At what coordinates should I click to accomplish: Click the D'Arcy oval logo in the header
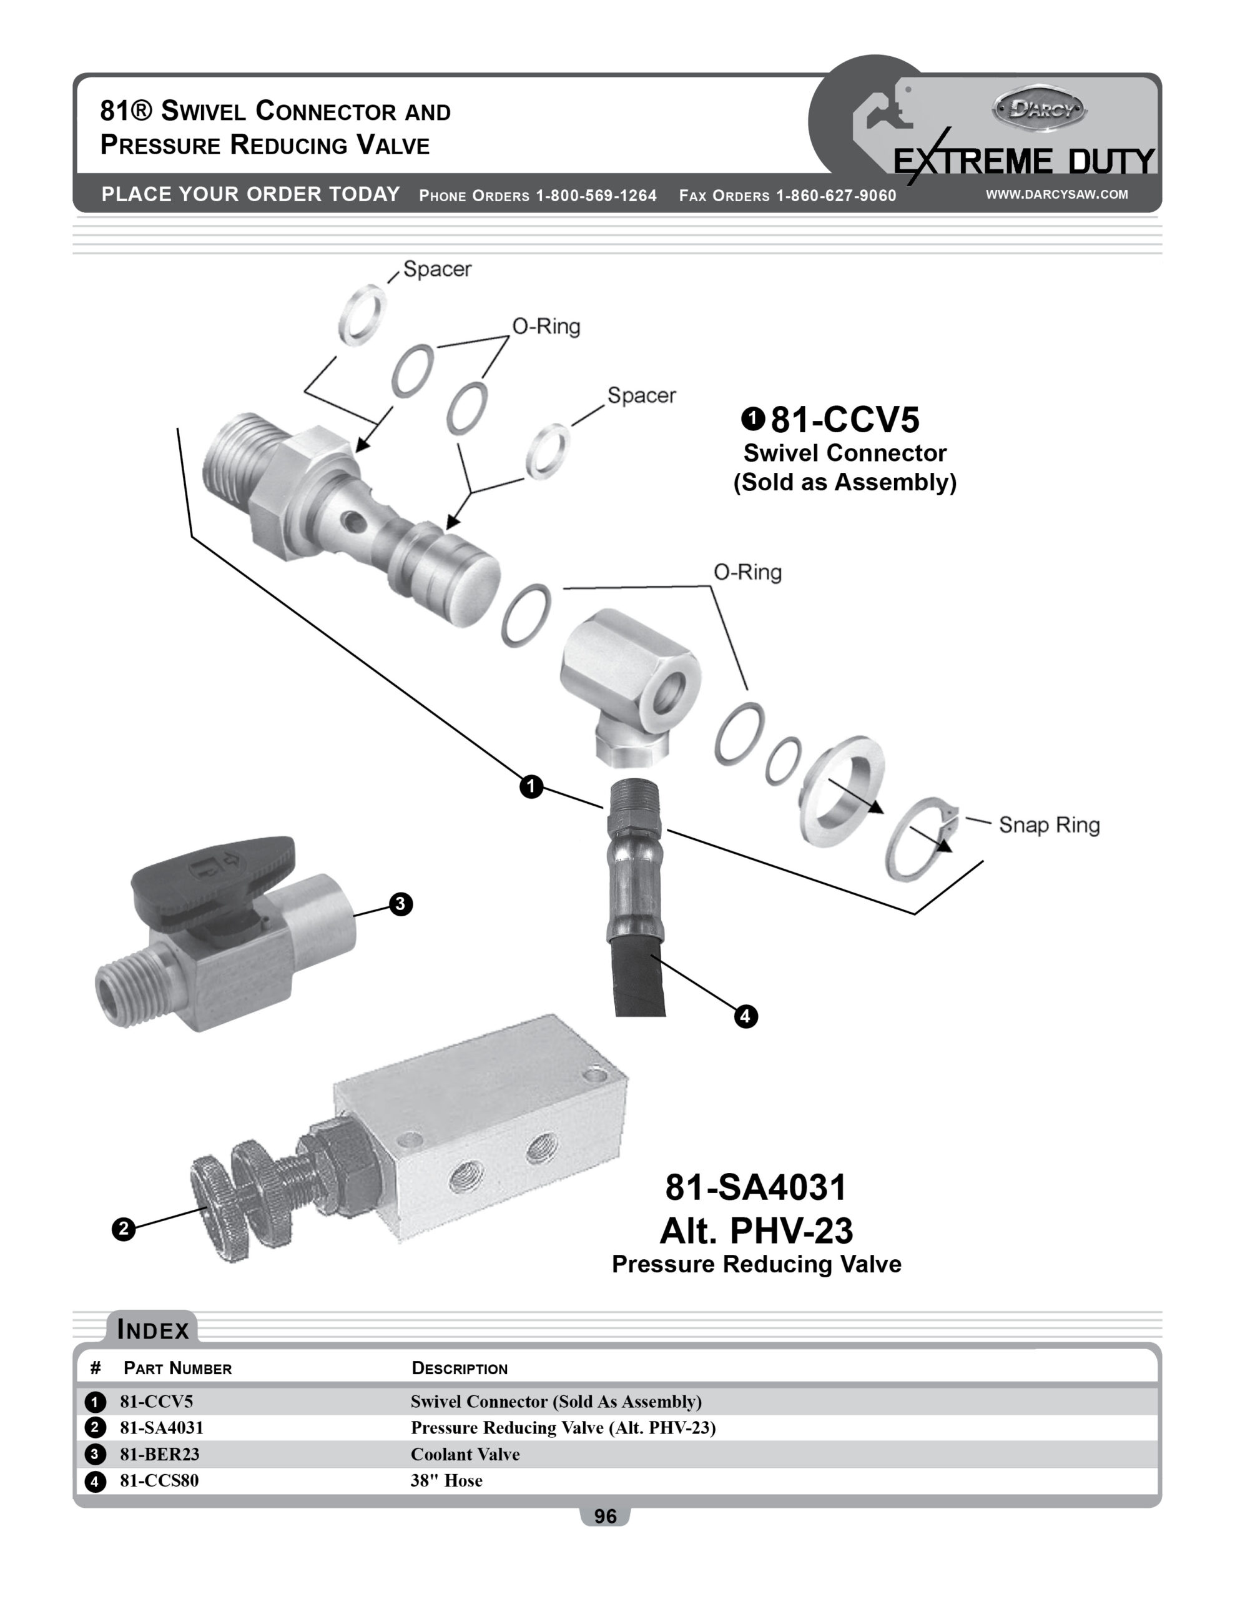(x=1038, y=109)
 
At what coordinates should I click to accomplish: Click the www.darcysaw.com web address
(x=1056, y=194)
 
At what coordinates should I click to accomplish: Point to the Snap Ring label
(x=1048, y=825)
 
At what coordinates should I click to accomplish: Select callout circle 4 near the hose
(x=745, y=1016)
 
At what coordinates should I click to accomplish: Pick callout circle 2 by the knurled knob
(x=123, y=1229)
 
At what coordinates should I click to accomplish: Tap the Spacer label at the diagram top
(x=437, y=269)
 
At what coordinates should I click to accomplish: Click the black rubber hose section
(x=640, y=978)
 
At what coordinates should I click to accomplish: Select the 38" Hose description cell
(x=446, y=1480)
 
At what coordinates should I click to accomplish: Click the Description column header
(x=459, y=1369)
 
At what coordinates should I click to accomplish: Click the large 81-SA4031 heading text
(x=755, y=1187)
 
